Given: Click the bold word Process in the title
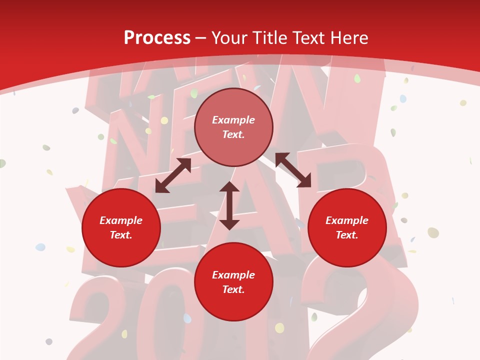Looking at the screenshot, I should (x=157, y=38).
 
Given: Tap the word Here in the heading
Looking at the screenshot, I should (x=350, y=38).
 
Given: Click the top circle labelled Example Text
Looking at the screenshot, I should (x=233, y=127).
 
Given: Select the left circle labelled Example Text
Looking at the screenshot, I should (x=121, y=227).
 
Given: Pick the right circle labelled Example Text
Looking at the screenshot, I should (x=347, y=227).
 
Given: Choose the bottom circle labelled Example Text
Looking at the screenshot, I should (x=233, y=282).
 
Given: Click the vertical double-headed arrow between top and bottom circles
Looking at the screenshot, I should (x=229, y=205).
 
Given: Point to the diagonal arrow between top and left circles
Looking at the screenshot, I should (x=173, y=175).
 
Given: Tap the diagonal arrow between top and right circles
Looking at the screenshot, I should (x=293, y=170).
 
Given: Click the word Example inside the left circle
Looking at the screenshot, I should (x=121, y=220).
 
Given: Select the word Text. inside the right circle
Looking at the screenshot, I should (x=347, y=235).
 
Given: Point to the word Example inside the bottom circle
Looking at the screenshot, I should (x=233, y=275).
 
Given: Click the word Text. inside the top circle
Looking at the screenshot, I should (x=233, y=134).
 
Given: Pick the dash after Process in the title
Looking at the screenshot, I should (x=201, y=38).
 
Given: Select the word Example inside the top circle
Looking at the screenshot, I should (x=233, y=120).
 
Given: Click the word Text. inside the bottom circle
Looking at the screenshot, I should (x=233, y=289).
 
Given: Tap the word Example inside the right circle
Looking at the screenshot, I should (x=347, y=220).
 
